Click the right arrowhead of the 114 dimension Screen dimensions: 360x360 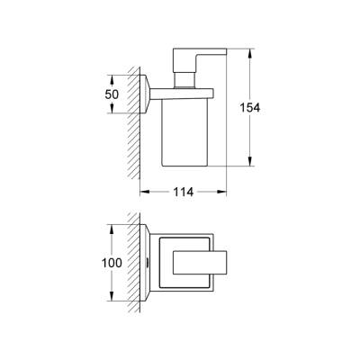pyautogui.click(x=225, y=192)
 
